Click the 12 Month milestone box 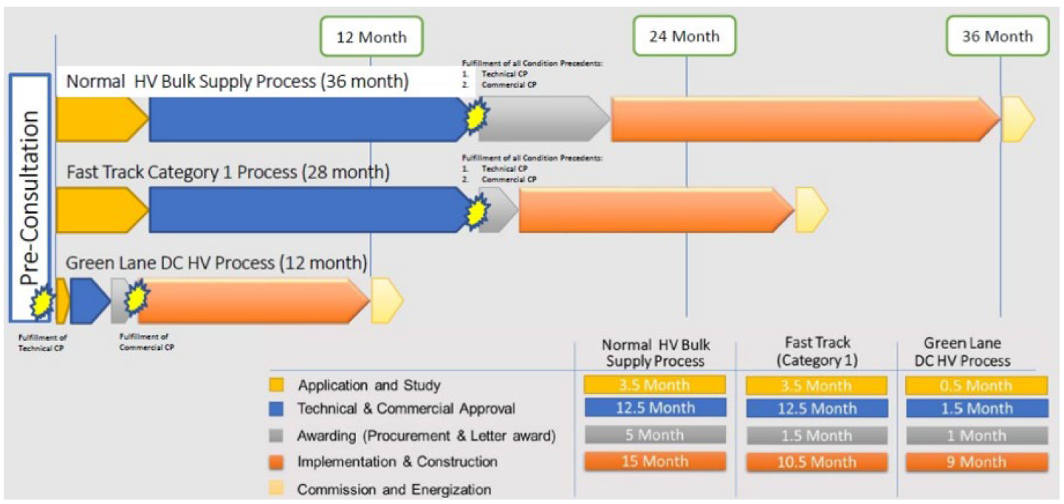[372, 36]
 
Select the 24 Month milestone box [684, 36]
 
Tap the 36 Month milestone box [998, 36]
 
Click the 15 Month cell [654, 461]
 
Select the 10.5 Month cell [817, 462]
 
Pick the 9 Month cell [978, 462]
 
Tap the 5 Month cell [654, 435]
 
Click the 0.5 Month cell [978, 385]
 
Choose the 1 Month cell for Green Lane [978, 435]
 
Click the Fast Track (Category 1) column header [817, 351]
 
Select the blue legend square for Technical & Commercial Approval [278, 409]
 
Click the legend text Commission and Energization [394, 489]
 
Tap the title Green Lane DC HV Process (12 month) [216, 263]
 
